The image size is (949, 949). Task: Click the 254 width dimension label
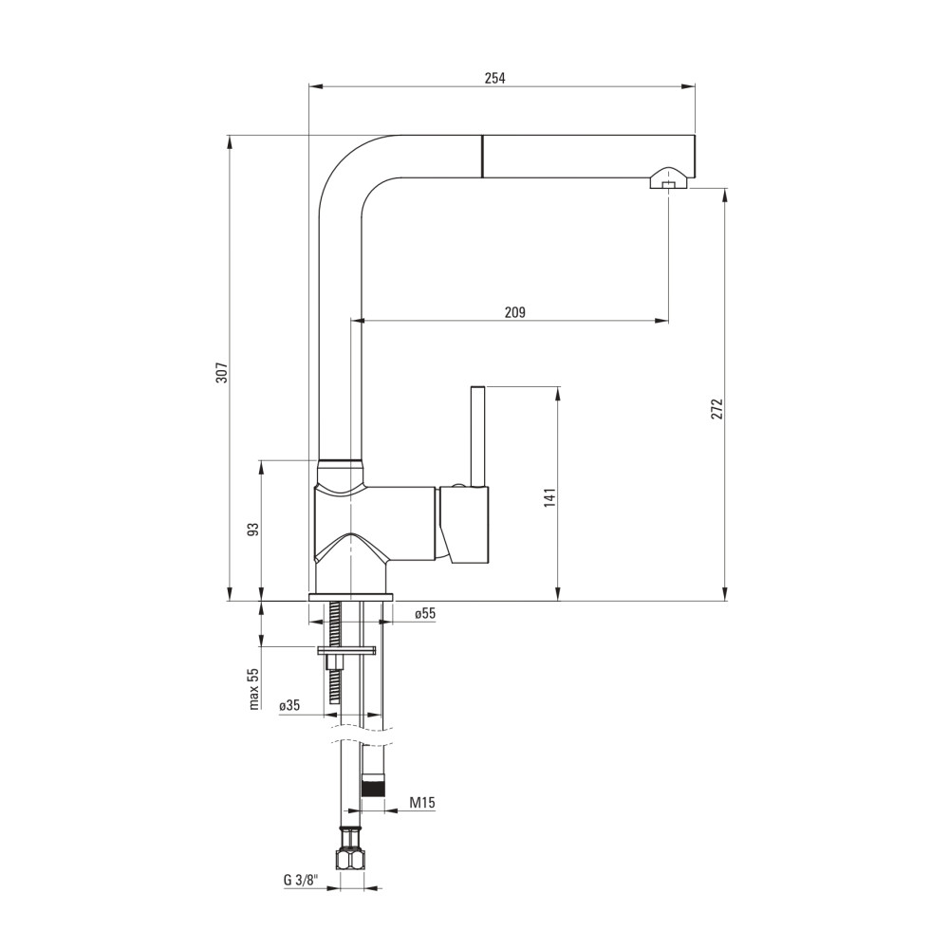coord(494,78)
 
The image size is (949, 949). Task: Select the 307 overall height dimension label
coord(221,372)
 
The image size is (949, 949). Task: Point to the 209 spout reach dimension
coord(515,312)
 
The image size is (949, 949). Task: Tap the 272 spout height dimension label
coord(717,409)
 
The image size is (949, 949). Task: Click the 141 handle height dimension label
coord(549,497)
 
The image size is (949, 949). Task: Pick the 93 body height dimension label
coord(254,530)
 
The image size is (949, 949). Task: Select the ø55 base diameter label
coord(425,614)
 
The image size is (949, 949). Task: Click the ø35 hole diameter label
coord(289,706)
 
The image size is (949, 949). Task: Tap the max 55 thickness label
coord(254,688)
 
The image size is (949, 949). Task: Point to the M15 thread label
coord(422,803)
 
